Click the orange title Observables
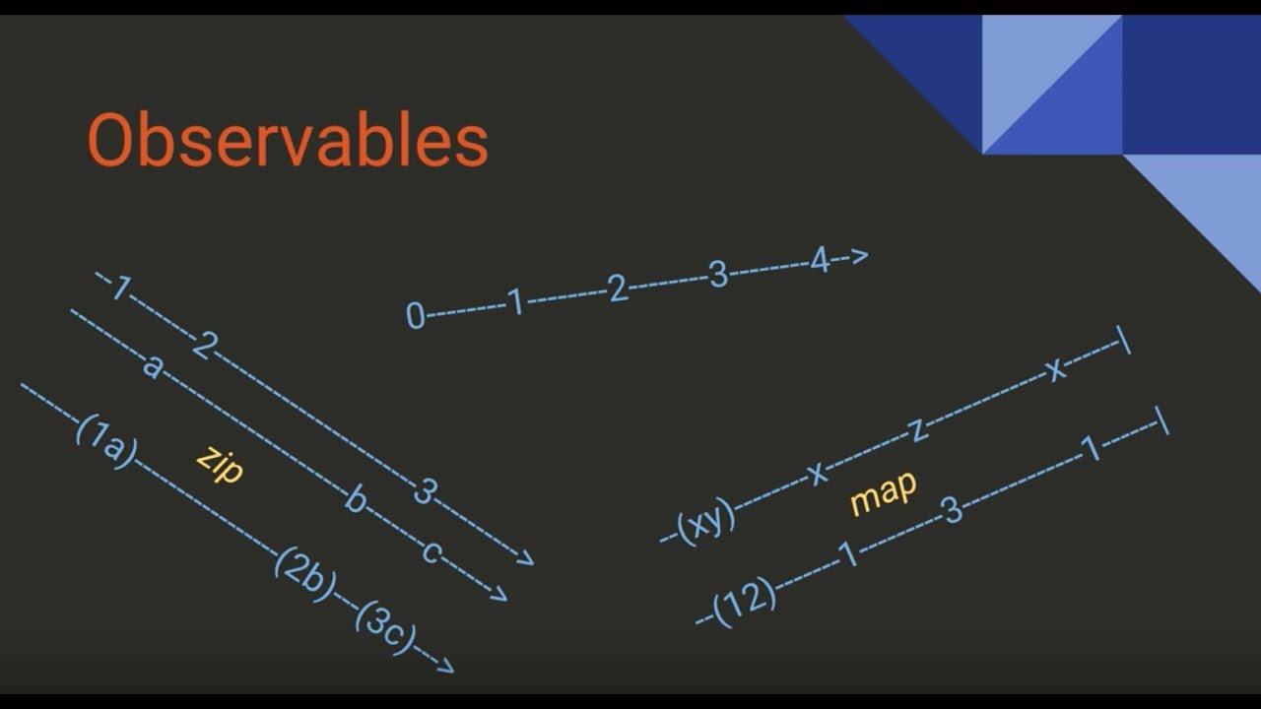click(x=288, y=141)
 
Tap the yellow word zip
click(x=220, y=463)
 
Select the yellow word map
click(x=883, y=492)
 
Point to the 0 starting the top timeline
click(x=416, y=316)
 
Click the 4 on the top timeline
click(x=820, y=262)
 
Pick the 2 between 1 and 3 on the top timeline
click(x=618, y=290)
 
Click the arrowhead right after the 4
click(x=858, y=257)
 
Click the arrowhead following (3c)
click(x=444, y=667)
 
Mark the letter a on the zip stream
click(x=151, y=366)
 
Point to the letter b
click(x=356, y=500)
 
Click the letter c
click(x=431, y=551)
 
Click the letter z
click(x=916, y=430)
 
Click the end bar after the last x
click(x=1124, y=341)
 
